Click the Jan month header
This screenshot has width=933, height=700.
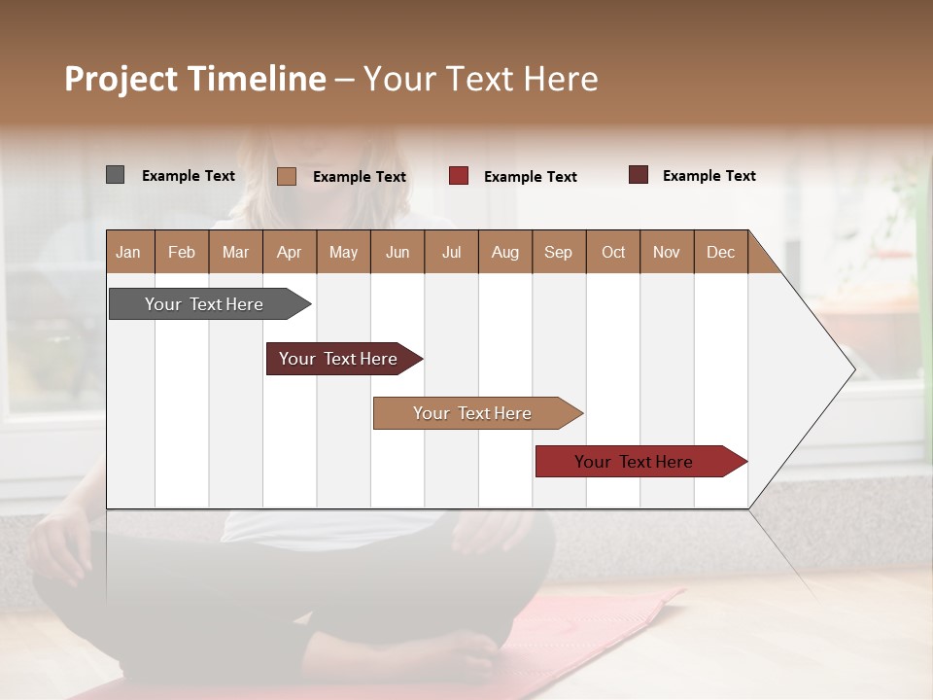(129, 252)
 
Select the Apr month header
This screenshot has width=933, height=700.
(290, 252)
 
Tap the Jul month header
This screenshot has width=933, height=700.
(451, 252)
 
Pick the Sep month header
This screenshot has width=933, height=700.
(559, 252)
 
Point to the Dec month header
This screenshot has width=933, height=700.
(720, 252)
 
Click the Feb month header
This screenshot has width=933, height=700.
(182, 252)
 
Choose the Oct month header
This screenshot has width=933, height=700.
(613, 252)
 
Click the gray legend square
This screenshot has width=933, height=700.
(115, 175)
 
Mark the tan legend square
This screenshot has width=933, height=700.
(286, 176)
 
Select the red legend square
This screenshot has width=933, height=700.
(458, 176)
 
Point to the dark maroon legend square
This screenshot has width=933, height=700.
(638, 175)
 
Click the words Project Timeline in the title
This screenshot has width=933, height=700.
(194, 79)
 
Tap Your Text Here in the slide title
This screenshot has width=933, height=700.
(480, 79)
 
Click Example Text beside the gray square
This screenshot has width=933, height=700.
(189, 176)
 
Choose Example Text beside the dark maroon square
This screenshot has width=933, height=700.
(708, 176)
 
